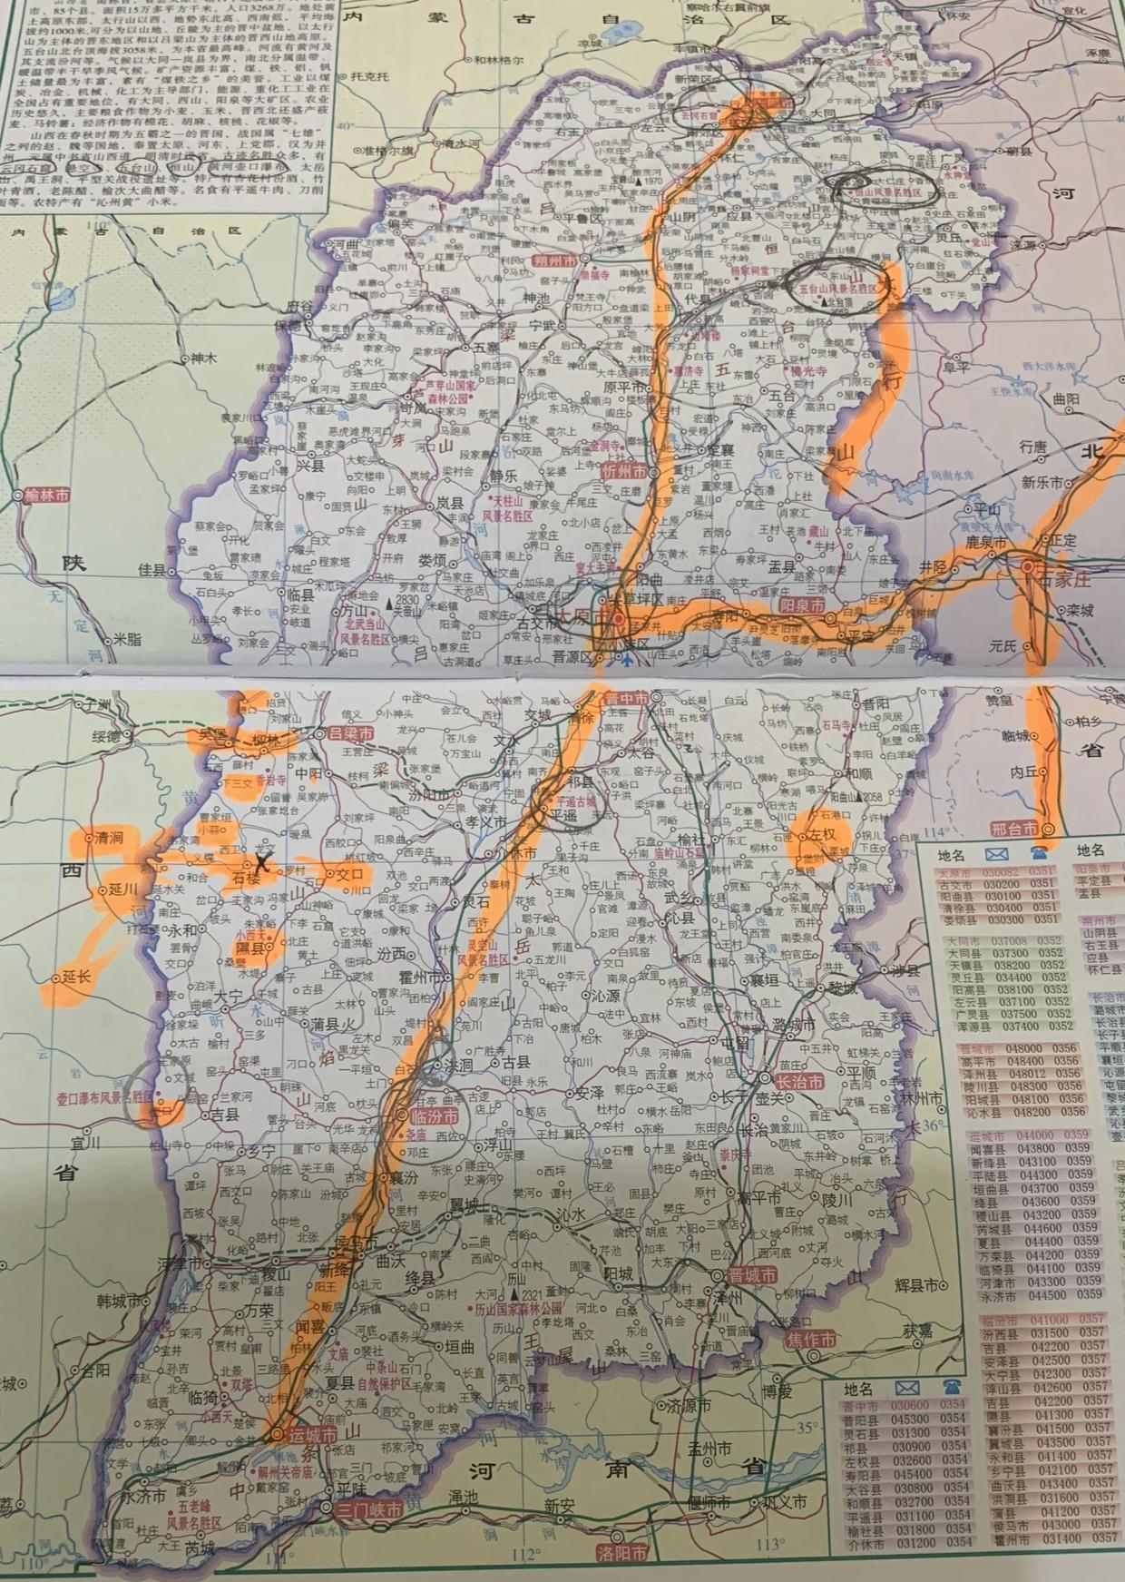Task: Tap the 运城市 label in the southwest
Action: coord(314,1434)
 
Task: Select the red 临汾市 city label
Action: coord(435,1115)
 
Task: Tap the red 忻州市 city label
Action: coord(626,472)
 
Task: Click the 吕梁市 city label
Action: coord(349,733)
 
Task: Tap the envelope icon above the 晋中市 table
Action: coord(906,1388)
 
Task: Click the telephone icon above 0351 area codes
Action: coord(1039,851)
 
